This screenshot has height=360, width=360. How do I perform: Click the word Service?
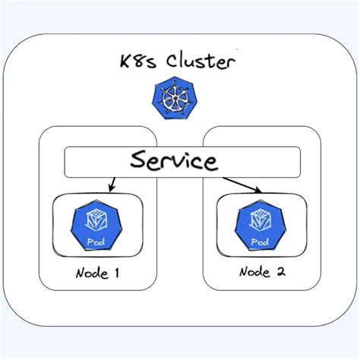pyautogui.click(x=173, y=161)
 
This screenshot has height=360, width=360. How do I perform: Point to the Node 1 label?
pyautogui.click(x=97, y=273)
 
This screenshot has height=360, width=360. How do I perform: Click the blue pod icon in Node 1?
pyautogui.click(x=97, y=226)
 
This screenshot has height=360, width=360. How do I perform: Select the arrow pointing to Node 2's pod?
pyautogui.click(x=242, y=185)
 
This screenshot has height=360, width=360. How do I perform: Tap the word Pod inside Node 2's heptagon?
pyautogui.click(x=261, y=242)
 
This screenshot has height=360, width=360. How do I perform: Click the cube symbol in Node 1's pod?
pyautogui.click(x=97, y=219)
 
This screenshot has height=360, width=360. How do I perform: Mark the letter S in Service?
pyautogui.click(x=138, y=161)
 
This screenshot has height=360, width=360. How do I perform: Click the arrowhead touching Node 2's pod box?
pyautogui.click(x=260, y=191)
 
